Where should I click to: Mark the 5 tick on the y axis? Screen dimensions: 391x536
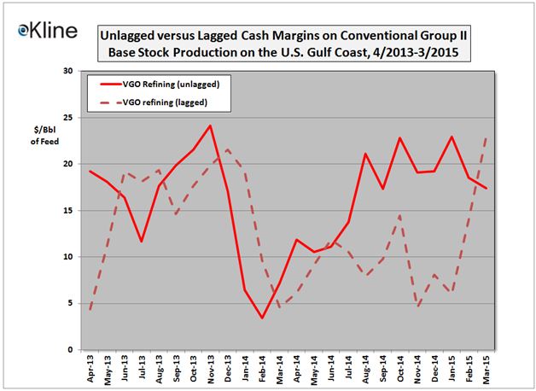click(x=68, y=303)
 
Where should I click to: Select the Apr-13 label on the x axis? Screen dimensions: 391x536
click(x=90, y=368)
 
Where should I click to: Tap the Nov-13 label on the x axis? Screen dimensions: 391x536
click(x=210, y=368)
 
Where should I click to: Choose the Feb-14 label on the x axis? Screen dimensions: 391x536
click(x=262, y=368)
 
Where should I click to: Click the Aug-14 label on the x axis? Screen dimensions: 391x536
click(x=365, y=368)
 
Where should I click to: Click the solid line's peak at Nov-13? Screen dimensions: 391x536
click(x=210, y=125)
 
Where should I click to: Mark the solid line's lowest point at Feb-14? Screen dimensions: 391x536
click(x=262, y=318)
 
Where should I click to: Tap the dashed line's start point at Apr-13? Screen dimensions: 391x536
click(x=90, y=309)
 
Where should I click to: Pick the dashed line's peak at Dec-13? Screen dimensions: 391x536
click(x=227, y=149)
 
